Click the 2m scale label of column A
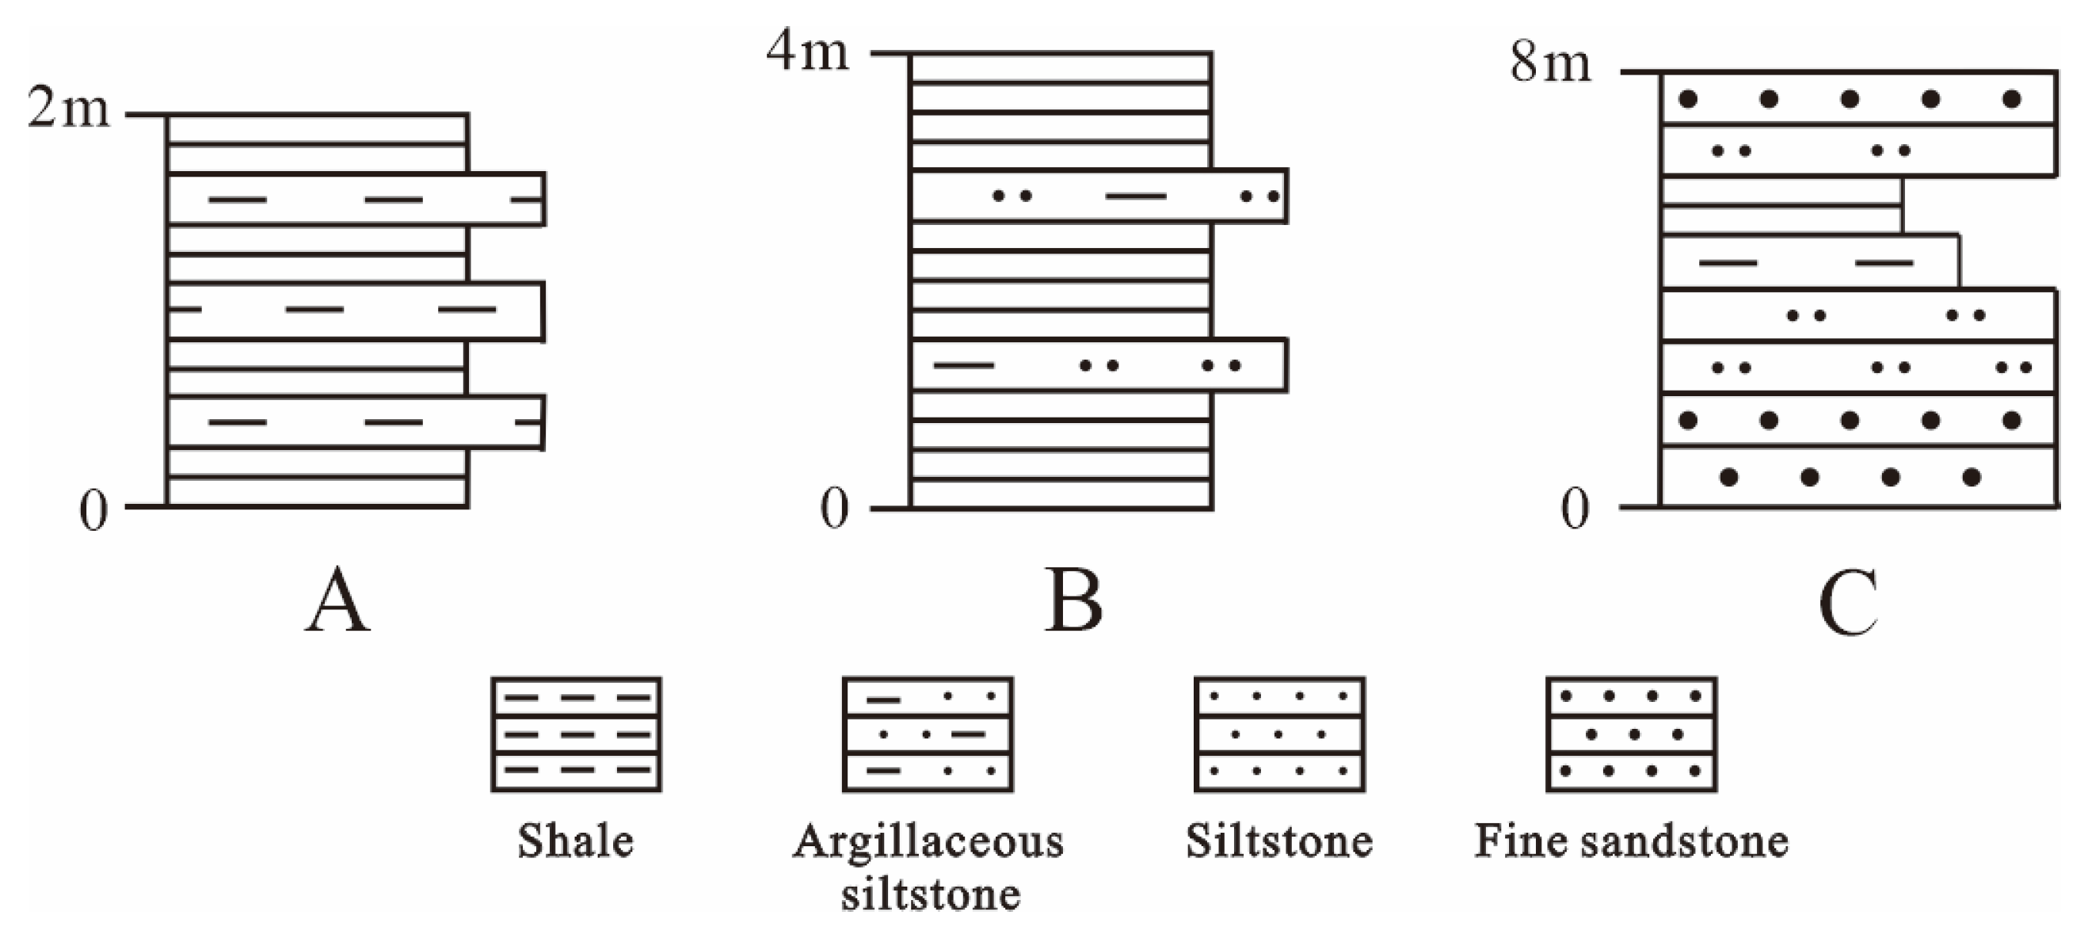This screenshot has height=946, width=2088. point(68,109)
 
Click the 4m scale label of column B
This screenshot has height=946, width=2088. point(807,51)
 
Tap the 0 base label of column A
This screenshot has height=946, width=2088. point(93,513)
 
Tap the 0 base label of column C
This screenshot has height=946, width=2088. point(1575,511)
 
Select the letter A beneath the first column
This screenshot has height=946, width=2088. point(338,601)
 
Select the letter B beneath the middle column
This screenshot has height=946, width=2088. point(1073,601)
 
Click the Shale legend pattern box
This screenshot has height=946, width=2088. point(576,734)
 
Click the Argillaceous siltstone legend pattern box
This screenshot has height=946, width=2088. point(928,734)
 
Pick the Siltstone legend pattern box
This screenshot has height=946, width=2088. point(1279,734)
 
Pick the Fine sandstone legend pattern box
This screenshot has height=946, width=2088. point(1631,734)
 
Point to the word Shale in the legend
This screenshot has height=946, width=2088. point(576,841)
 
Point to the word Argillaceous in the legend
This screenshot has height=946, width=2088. point(928,841)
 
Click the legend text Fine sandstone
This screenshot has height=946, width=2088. point(1631,841)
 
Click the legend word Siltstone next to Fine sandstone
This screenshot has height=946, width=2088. point(1279,841)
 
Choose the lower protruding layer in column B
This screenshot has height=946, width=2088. point(1099,364)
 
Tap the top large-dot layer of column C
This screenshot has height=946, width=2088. point(1857,99)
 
